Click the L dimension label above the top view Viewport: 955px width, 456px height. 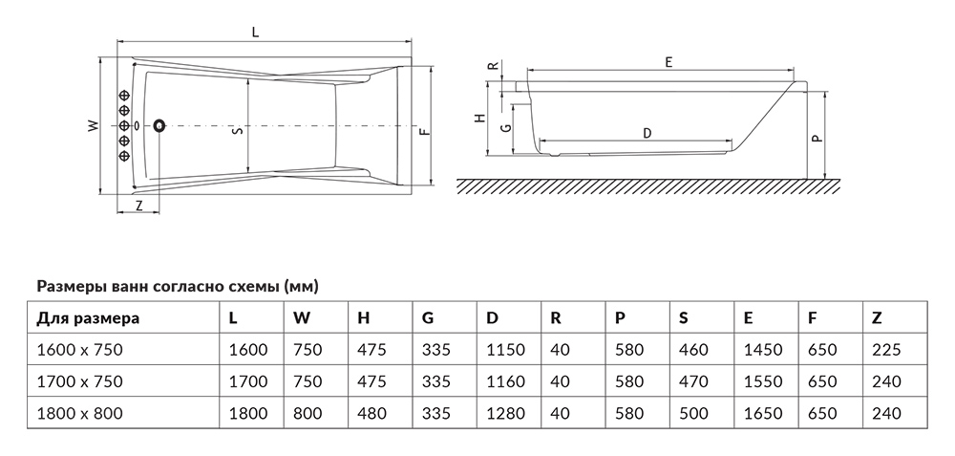coord(256,33)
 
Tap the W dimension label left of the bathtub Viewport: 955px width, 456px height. coord(93,125)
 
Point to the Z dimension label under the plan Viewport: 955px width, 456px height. coord(138,205)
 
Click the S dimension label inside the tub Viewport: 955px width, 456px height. coord(239,129)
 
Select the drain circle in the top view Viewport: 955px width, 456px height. coord(159,125)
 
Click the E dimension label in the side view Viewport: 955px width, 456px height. coord(668,61)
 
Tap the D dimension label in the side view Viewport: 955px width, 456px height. coord(647,133)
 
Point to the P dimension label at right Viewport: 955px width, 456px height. coord(817,138)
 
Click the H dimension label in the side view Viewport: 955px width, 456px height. coord(480,118)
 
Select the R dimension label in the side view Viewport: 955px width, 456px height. coord(494,65)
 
